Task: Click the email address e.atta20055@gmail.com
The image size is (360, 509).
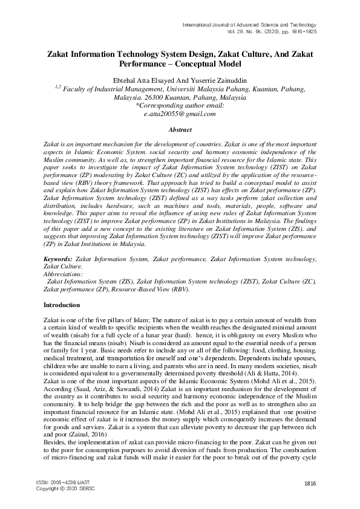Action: pyautogui.click(x=180, y=114)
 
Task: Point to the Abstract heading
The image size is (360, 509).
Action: pyautogui.click(x=180, y=130)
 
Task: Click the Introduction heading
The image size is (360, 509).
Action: pyautogui.click(x=62, y=305)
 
